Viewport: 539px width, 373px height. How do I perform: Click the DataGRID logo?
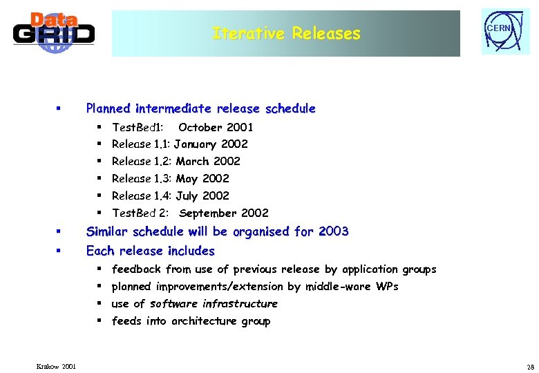coord(53,32)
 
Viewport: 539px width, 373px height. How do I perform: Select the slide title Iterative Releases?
coord(286,33)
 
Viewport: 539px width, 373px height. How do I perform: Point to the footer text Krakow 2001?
coord(57,365)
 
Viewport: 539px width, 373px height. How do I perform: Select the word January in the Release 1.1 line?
coord(196,144)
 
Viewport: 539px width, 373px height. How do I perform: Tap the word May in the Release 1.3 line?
coord(187,179)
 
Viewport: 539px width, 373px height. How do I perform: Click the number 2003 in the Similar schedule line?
coord(333,231)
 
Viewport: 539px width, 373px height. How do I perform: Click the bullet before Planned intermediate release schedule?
coord(59,109)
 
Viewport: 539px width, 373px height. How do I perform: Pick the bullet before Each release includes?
coord(59,251)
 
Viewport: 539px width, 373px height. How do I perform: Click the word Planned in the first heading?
coord(108,108)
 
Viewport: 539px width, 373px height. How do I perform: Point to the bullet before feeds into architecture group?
coord(100,321)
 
